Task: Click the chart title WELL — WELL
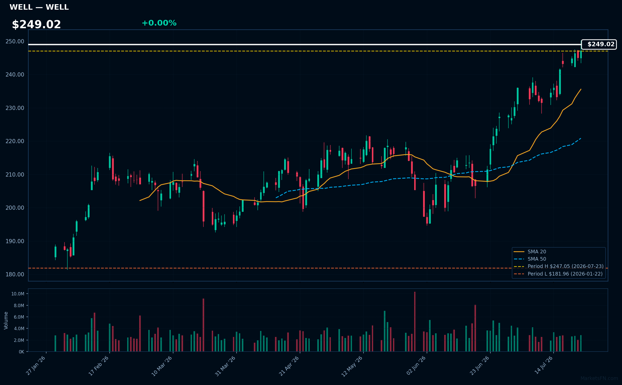click(39, 7)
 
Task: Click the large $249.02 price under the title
click(36, 25)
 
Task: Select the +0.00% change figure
click(159, 23)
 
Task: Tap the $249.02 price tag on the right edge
click(599, 44)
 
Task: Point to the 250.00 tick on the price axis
click(15, 42)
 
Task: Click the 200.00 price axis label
click(15, 208)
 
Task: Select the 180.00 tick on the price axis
click(15, 275)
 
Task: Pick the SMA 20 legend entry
click(530, 252)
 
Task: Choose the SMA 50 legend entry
click(530, 259)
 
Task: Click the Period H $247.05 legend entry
click(559, 266)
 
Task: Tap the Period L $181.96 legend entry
click(558, 274)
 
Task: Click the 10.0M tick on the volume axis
click(18, 294)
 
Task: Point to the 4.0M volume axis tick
click(19, 329)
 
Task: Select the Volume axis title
click(6, 320)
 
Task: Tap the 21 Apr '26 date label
click(289, 366)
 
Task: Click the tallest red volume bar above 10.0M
click(415, 322)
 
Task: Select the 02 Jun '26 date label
click(416, 366)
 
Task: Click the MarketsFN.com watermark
click(599, 378)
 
